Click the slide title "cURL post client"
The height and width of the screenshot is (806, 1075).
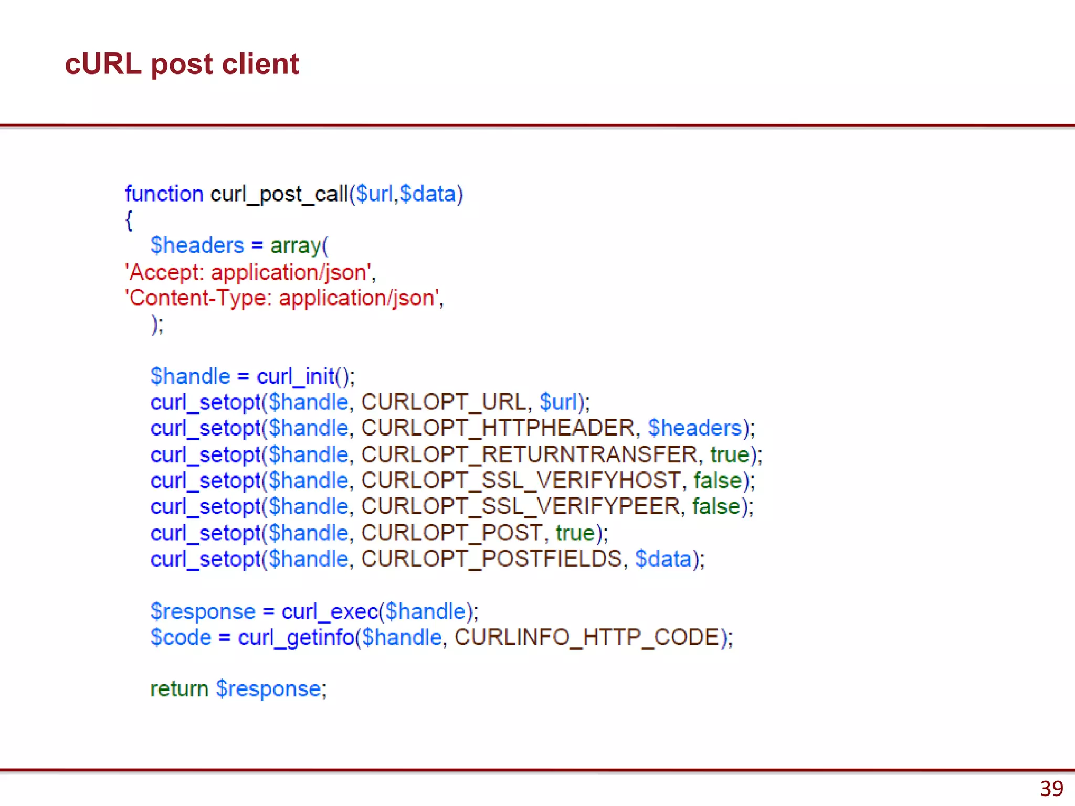pos(182,64)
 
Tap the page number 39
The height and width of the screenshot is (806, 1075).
pos(1051,789)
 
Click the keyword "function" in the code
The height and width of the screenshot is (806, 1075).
pos(164,194)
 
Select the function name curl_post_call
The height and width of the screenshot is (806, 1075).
pos(279,194)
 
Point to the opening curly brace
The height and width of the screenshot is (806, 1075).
pos(129,220)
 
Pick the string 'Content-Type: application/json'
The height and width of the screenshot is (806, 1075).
pos(282,298)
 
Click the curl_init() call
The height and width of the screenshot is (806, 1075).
pos(305,376)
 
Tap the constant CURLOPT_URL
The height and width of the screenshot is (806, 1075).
pos(444,402)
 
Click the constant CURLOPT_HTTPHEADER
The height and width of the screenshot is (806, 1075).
pos(498,428)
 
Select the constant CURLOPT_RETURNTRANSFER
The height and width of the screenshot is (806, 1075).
pos(529,454)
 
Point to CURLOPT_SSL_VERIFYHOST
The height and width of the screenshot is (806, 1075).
pos(521,481)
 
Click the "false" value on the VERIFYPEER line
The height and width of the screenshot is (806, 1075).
pos(716,506)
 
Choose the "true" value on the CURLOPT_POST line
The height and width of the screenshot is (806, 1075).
pos(575,533)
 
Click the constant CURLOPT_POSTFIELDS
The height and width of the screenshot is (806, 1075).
pos(492,559)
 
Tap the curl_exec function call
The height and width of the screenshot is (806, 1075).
pos(330,612)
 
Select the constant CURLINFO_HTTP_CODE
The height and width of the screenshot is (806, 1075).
pos(587,638)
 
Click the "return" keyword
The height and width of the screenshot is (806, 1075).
pos(180,689)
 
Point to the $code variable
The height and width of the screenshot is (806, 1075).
pos(181,638)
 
